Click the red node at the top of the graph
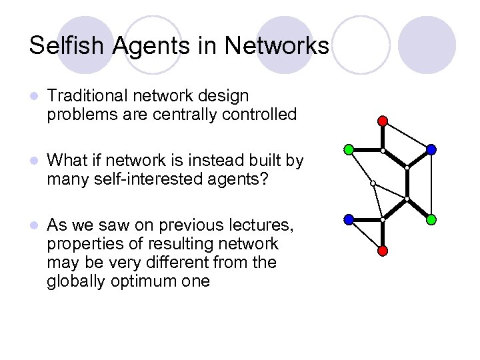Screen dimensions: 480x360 coord(383,120)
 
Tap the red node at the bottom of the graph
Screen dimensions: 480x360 coord(383,250)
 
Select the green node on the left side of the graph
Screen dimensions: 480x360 coord(349,149)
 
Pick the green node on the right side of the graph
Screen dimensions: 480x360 coord(431,219)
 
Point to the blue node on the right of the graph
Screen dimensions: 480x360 coord(431,149)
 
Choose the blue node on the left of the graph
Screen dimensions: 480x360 coord(349,219)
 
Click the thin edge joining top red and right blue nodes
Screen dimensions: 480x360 coord(407,135)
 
